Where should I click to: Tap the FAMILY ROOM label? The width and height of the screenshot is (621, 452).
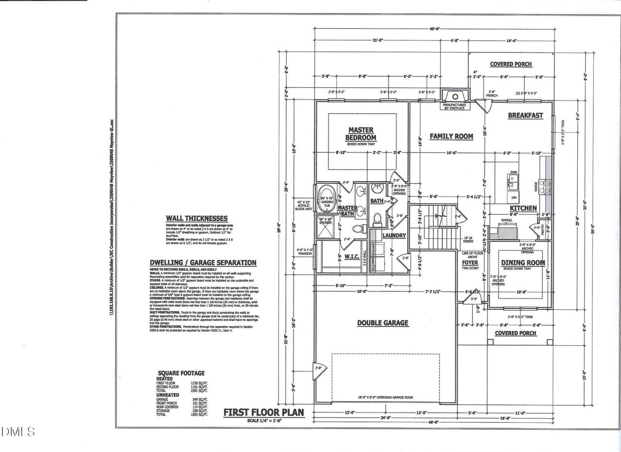451,136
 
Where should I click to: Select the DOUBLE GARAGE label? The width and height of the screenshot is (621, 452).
383,323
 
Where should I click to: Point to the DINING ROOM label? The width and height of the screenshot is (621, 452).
523,263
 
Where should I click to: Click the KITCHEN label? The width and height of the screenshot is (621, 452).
523,208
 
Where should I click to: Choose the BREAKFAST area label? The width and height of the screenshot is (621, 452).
525,116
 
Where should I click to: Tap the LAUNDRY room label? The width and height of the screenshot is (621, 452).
394,235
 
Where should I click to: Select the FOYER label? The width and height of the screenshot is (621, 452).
470,263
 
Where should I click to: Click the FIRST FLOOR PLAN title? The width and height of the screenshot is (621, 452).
263,413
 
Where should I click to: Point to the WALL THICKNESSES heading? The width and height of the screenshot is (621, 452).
196,218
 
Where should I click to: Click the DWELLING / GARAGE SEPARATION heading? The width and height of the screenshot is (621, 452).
203,263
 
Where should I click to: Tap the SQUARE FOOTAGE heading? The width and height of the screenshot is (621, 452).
180,373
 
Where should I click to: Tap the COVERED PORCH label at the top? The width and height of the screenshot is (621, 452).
510,64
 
